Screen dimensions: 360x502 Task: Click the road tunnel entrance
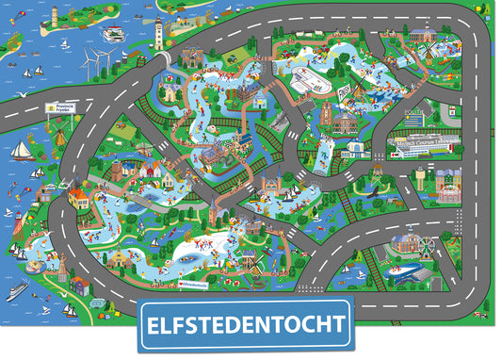pyautogui.click(x=167, y=60)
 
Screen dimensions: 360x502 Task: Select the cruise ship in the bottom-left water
pyautogui.click(x=18, y=291)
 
